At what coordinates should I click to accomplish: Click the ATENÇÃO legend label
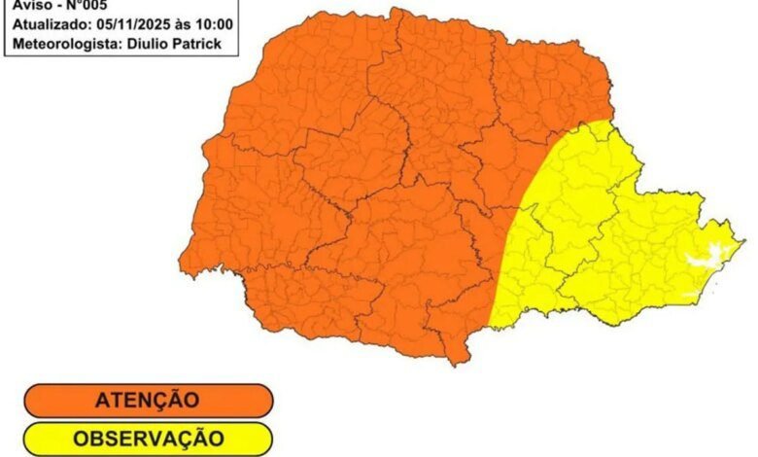148,400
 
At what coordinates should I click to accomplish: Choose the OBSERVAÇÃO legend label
148,439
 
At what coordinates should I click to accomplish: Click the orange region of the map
369,194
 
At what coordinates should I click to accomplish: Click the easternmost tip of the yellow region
743,240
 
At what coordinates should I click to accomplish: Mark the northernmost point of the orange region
396,9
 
